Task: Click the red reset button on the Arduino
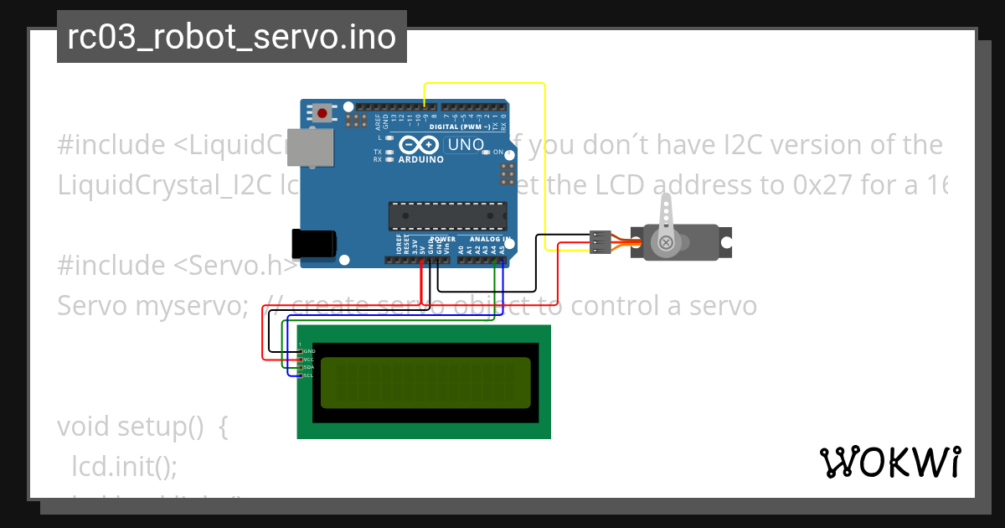click(322, 111)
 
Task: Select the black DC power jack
click(313, 243)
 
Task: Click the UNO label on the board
click(466, 145)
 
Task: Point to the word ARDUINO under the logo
click(421, 159)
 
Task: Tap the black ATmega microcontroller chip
click(447, 216)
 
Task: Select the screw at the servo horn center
click(666, 243)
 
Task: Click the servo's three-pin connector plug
click(600, 241)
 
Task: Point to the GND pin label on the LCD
click(308, 350)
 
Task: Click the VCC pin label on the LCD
click(308, 359)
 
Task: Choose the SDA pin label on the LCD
click(308, 367)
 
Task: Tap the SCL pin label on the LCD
click(308, 375)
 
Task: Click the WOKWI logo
click(889, 462)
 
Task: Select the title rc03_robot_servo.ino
click(231, 37)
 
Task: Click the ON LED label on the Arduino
click(498, 153)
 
